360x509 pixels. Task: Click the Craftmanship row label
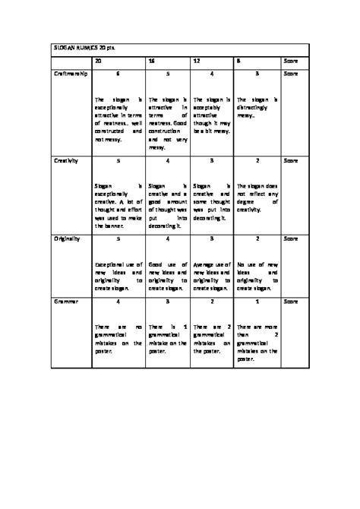click(x=71, y=74)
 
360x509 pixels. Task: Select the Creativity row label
click(x=66, y=160)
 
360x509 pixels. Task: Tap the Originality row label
click(x=67, y=239)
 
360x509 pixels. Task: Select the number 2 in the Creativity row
click(x=257, y=161)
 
